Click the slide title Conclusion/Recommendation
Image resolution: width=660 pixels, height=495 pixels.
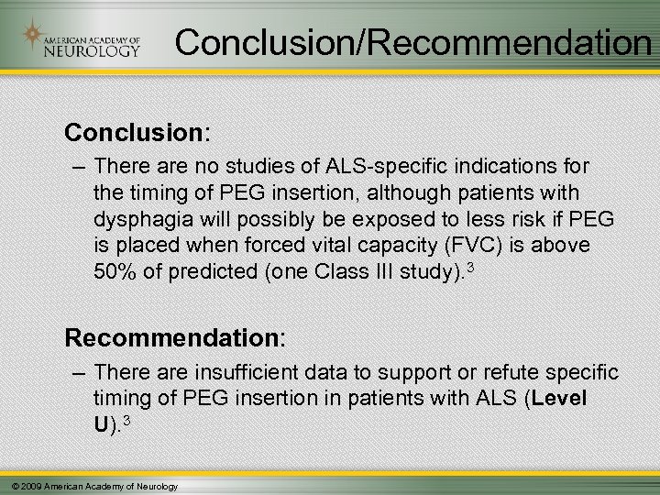[x=412, y=41]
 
